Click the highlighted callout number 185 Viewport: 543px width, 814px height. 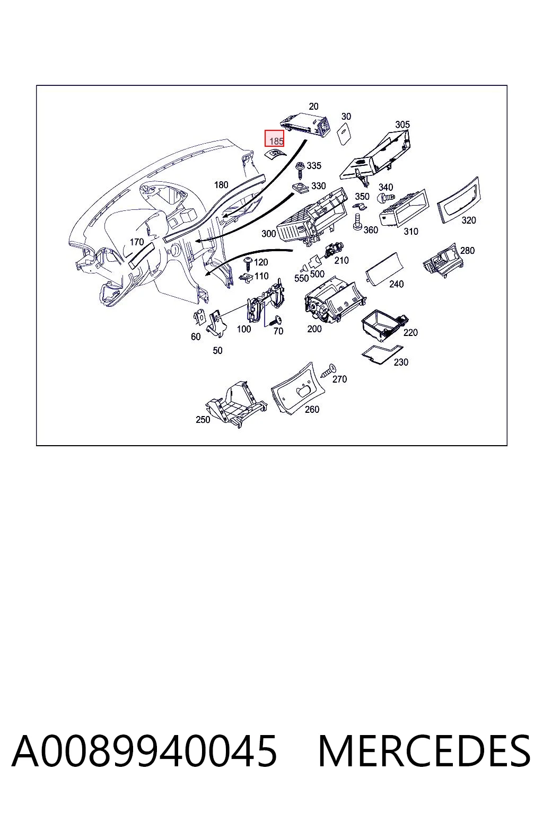point(276,141)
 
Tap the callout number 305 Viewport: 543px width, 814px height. point(402,125)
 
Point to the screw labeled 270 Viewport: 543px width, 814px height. point(328,371)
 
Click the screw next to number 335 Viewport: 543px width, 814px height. point(301,170)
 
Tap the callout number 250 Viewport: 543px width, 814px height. point(203,419)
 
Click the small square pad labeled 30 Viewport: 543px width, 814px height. point(344,134)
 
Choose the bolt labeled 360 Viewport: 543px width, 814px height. point(358,222)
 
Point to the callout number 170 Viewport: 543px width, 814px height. point(137,242)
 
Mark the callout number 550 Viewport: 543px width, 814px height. point(301,278)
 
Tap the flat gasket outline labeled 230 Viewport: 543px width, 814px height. point(382,353)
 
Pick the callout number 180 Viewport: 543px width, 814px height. point(221,185)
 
